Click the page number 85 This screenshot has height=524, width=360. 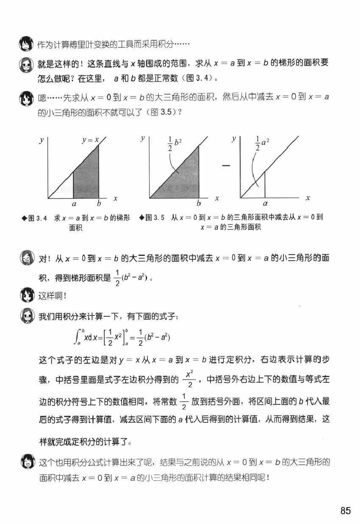pyautogui.click(x=345, y=511)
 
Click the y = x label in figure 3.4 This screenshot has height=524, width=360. pyautogui.click(x=90, y=139)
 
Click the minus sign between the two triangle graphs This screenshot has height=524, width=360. pyautogui.click(x=226, y=165)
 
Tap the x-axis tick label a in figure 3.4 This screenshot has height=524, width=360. pyautogui.click(x=74, y=204)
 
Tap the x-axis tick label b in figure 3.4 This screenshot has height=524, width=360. pyautogui.click(x=99, y=204)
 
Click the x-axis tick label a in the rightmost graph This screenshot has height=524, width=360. pyautogui.click(x=265, y=204)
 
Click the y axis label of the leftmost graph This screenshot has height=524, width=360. pyautogui.click(x=42, y=141)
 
